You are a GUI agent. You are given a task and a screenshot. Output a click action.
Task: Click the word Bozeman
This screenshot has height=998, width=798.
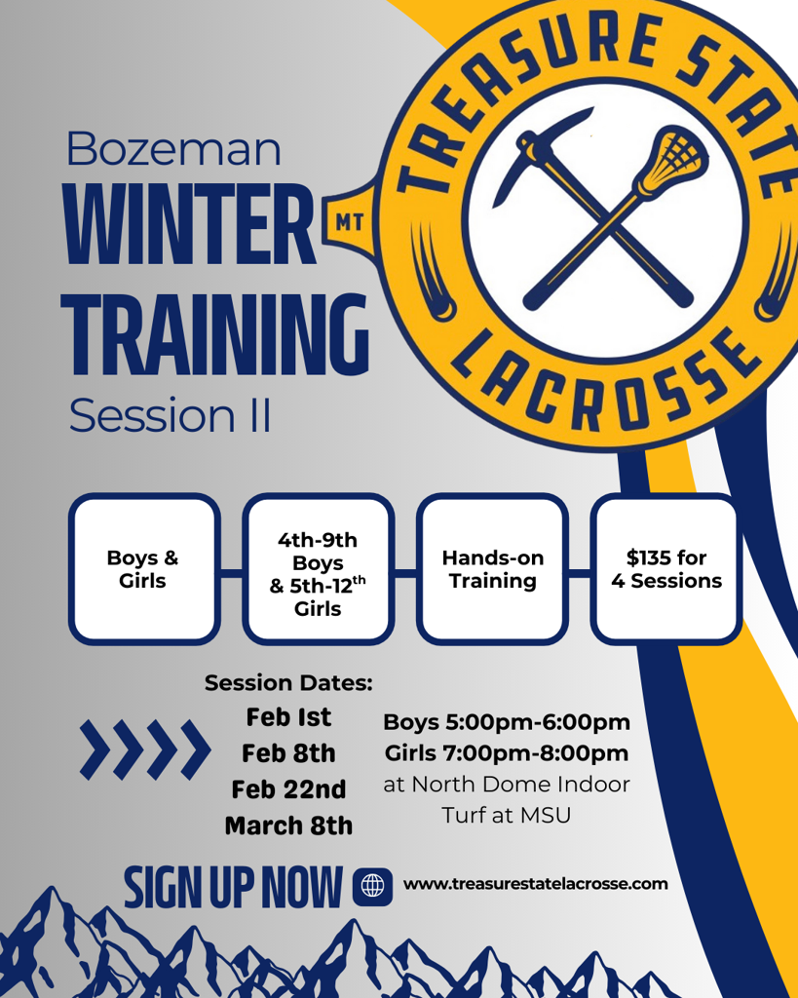173,149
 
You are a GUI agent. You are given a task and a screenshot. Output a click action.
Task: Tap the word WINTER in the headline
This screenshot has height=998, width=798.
189,225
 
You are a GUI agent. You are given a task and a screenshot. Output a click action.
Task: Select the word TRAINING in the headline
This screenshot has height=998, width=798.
215,334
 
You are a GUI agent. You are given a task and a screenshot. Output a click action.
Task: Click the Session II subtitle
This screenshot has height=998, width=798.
170,415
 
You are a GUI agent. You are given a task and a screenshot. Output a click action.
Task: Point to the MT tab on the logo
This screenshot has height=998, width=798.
350,221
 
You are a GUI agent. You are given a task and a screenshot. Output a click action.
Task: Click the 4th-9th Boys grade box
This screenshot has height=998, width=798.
319,569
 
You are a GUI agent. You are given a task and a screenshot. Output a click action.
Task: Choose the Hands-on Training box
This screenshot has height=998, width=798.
493,569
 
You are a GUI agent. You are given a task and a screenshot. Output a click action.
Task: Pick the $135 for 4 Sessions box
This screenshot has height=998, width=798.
666,569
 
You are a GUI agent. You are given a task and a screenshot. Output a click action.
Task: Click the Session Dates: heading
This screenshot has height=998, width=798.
288,683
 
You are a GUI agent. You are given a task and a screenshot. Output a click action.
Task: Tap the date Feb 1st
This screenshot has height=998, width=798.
288,717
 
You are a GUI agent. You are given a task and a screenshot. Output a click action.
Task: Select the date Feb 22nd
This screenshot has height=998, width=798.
288,789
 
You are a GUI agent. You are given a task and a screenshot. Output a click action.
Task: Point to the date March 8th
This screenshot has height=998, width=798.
288,825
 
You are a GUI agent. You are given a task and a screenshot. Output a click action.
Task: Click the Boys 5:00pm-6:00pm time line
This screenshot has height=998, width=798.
507,722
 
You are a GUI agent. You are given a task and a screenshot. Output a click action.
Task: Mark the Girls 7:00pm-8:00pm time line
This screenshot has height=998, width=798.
507,753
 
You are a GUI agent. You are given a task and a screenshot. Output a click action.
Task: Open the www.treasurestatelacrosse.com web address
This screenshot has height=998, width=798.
536,884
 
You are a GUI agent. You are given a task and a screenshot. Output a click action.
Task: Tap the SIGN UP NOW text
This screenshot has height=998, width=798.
233,887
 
